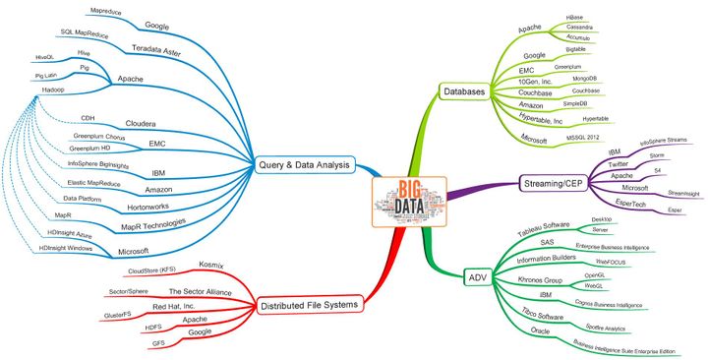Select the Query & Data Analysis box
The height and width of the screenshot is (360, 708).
304,165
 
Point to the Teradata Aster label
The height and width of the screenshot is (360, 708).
155,47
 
